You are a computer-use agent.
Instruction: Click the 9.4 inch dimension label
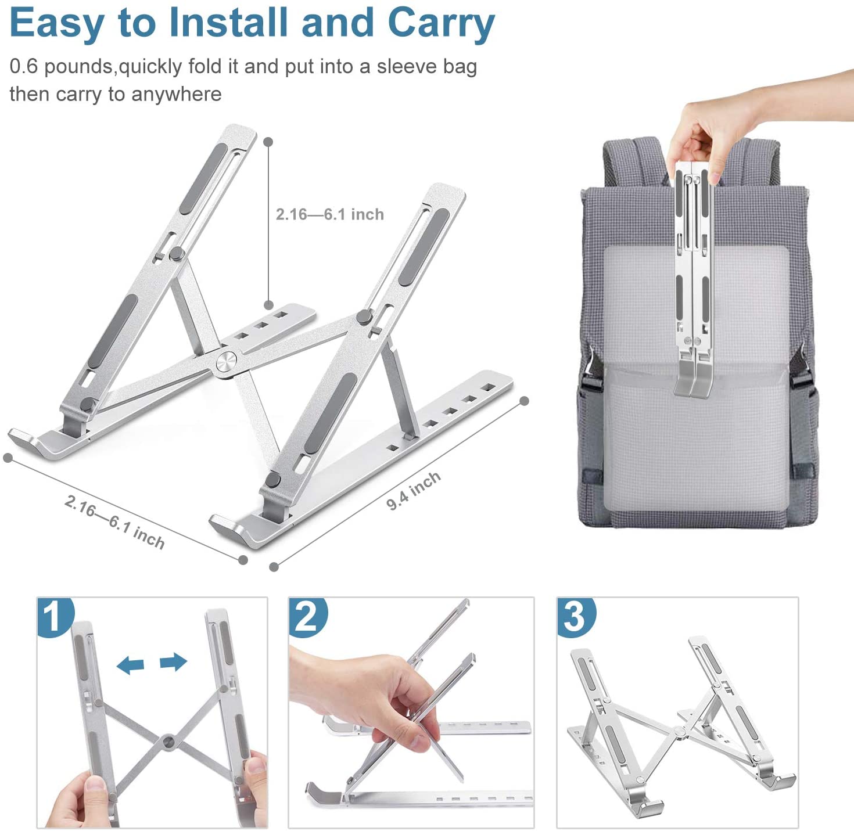click(414, 491)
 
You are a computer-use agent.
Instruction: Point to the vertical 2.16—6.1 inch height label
click(329, 214)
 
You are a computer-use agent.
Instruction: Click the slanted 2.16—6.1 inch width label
click(114, 522)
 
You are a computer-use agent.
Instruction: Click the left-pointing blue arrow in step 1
click(130, 665)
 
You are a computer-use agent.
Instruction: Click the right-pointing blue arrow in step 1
click(173, 661)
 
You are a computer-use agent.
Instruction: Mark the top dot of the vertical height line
click(268, 142)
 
